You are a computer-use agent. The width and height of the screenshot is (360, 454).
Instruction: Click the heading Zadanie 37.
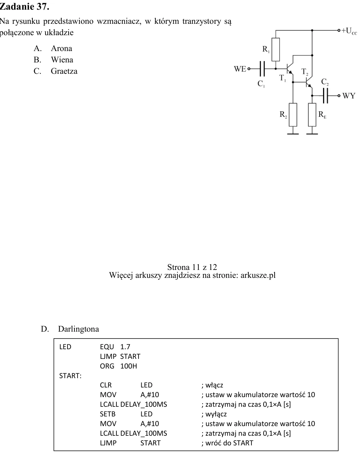coord(24,7)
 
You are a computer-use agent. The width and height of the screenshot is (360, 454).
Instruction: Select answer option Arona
coord(61,49)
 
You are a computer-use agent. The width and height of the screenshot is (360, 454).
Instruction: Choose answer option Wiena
coord(62,60)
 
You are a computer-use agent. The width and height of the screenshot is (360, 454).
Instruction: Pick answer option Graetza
coord(64,71)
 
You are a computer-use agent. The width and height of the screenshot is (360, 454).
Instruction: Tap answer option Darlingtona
coord(79,329)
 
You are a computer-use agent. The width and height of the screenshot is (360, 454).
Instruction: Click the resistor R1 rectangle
coord(276,50)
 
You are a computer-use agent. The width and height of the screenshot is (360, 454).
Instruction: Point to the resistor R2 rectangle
coord(293,115)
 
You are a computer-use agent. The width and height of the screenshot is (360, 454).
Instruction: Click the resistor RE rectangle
coord(312,115)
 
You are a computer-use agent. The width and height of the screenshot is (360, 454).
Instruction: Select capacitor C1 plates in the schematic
coord(262,69)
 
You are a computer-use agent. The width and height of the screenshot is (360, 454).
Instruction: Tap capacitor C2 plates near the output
coord(326,95)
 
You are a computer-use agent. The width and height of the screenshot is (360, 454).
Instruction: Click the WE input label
coord(240,69)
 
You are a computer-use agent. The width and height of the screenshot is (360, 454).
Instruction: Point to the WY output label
coord(349,96)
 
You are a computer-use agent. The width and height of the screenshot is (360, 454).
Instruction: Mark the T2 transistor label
coord(305,72)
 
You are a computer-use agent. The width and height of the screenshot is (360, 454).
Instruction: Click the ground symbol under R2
coord(293,134)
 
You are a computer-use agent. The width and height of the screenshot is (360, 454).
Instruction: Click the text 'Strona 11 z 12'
coord(192,267)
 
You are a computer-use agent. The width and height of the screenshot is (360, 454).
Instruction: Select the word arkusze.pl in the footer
coord(258,275)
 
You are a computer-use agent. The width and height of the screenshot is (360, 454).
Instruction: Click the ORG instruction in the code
coord(107,366)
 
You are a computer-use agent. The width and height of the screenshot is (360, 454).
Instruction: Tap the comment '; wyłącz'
coord(214,414)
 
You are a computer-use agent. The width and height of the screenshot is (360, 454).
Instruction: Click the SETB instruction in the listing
coord(108,414)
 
